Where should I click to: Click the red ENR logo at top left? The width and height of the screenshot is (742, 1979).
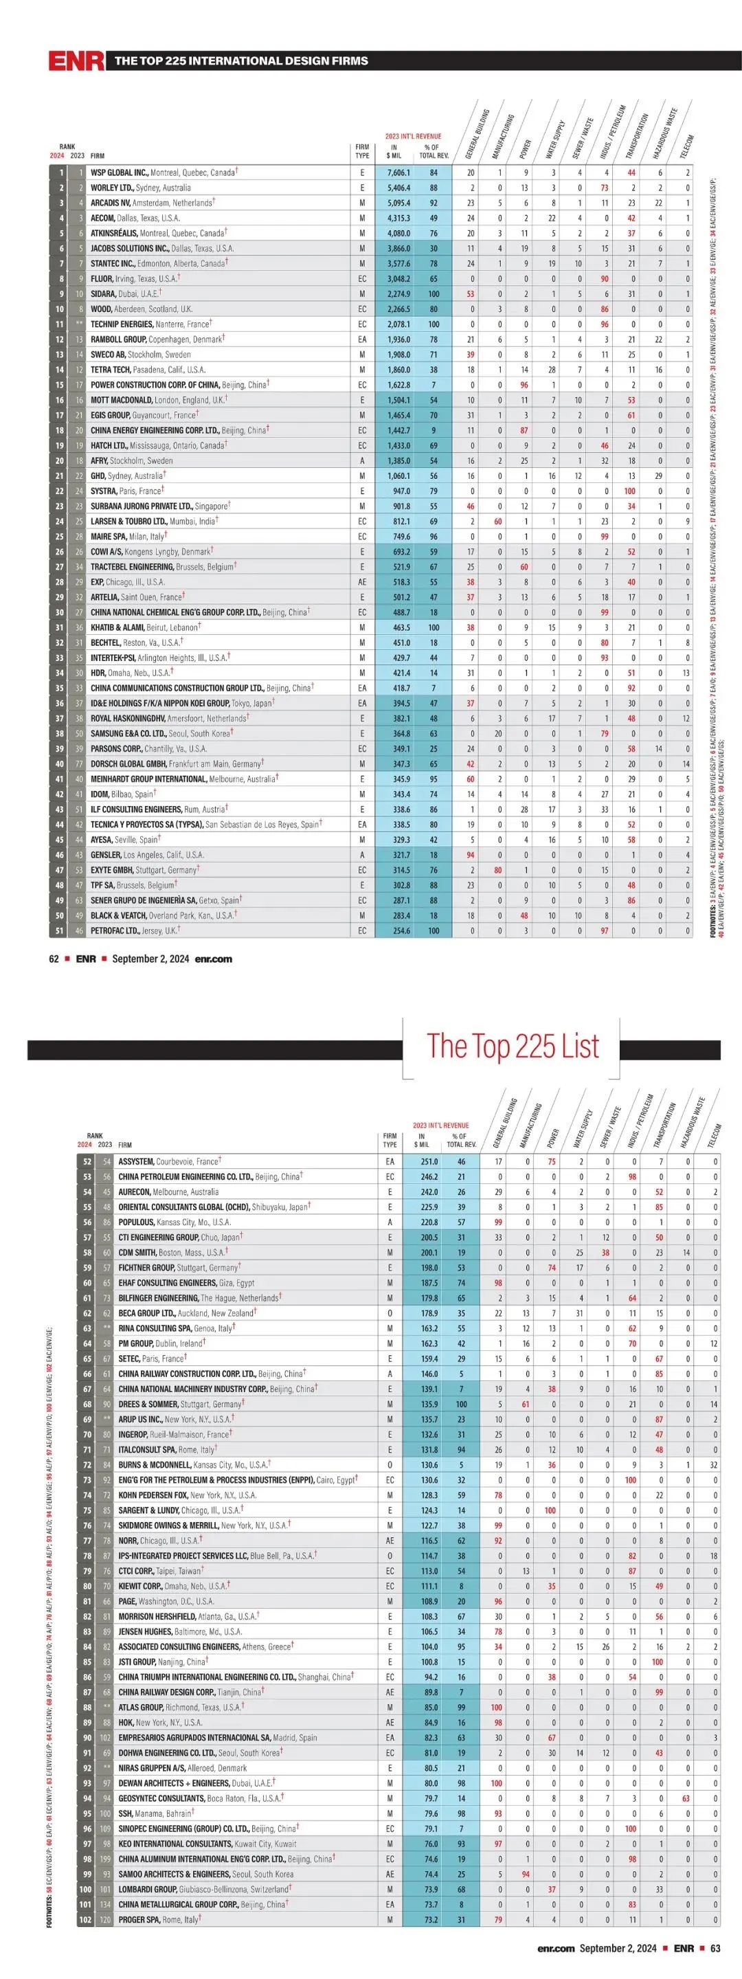76,60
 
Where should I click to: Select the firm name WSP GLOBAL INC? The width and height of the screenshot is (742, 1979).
119,173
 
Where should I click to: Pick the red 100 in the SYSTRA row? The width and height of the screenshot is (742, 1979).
630,491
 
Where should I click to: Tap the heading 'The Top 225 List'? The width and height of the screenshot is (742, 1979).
513,1046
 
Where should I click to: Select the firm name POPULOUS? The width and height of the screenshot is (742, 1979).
137,1222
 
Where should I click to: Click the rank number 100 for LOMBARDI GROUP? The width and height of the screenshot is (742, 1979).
85,1889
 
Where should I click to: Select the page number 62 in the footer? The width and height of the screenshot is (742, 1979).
54,959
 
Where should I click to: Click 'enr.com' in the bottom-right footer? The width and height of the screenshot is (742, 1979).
556,1964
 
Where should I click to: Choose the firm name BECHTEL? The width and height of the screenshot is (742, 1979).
106,643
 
